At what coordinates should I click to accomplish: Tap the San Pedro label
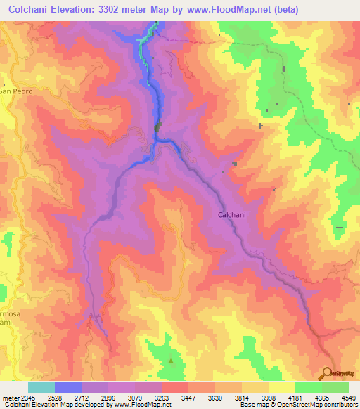point(14,91)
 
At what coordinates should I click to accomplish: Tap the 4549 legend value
point(347,398)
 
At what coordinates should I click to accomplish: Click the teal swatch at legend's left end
point(41,387)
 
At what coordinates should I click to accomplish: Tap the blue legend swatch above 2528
point(67,387)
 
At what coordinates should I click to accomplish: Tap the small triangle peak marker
point(171,361)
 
